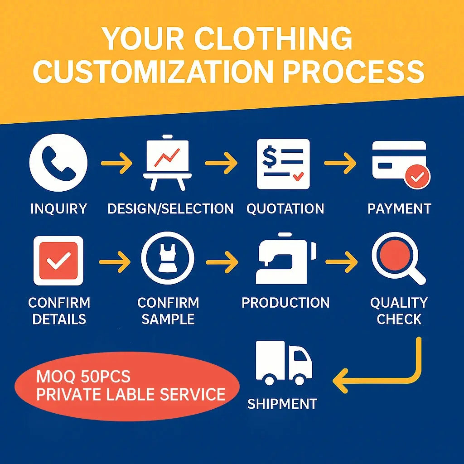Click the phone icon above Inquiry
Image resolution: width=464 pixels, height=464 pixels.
coord(58,163)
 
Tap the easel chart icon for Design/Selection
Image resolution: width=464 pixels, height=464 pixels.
coord(168,163)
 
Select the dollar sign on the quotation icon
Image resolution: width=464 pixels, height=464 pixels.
coord(270,157)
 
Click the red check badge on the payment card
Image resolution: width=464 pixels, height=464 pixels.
coord(417,177)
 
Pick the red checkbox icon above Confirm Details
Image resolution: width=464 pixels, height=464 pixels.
coord(58,261)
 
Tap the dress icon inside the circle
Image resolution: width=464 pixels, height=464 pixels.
coord(168,258)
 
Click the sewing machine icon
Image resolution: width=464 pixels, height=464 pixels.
coord(286,258)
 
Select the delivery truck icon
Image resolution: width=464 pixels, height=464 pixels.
coord(284,363)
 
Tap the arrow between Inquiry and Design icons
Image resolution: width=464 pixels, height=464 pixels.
coord(116,163)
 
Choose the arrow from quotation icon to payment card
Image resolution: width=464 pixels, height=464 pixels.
coord(340,163)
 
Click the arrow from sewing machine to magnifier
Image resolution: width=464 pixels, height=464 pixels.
coord(341,262)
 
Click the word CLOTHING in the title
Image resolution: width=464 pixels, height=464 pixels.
coord(273,39)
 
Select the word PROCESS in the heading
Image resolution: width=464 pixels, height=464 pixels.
coord(353,72)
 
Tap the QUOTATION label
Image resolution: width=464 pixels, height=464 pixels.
coord(285,208)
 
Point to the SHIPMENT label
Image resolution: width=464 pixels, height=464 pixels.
coord(282,404)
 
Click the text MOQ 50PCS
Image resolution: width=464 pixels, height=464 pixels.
coord(83,377)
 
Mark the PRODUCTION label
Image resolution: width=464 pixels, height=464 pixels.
coord(285,303)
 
